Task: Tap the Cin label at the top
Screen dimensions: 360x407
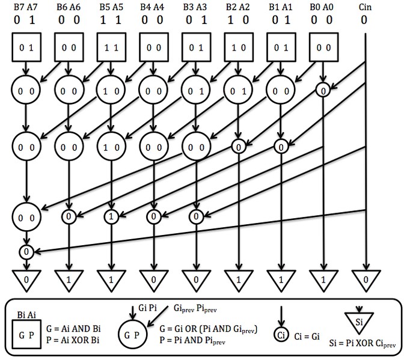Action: click(x=364, y=8)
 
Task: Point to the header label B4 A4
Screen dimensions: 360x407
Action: click(x=153, y=8)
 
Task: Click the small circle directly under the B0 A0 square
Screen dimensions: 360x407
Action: click(x=324, y=91)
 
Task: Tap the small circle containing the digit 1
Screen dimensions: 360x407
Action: click(x=111, y=216)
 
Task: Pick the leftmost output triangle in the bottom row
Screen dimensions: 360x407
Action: click(x=26, y=279)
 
